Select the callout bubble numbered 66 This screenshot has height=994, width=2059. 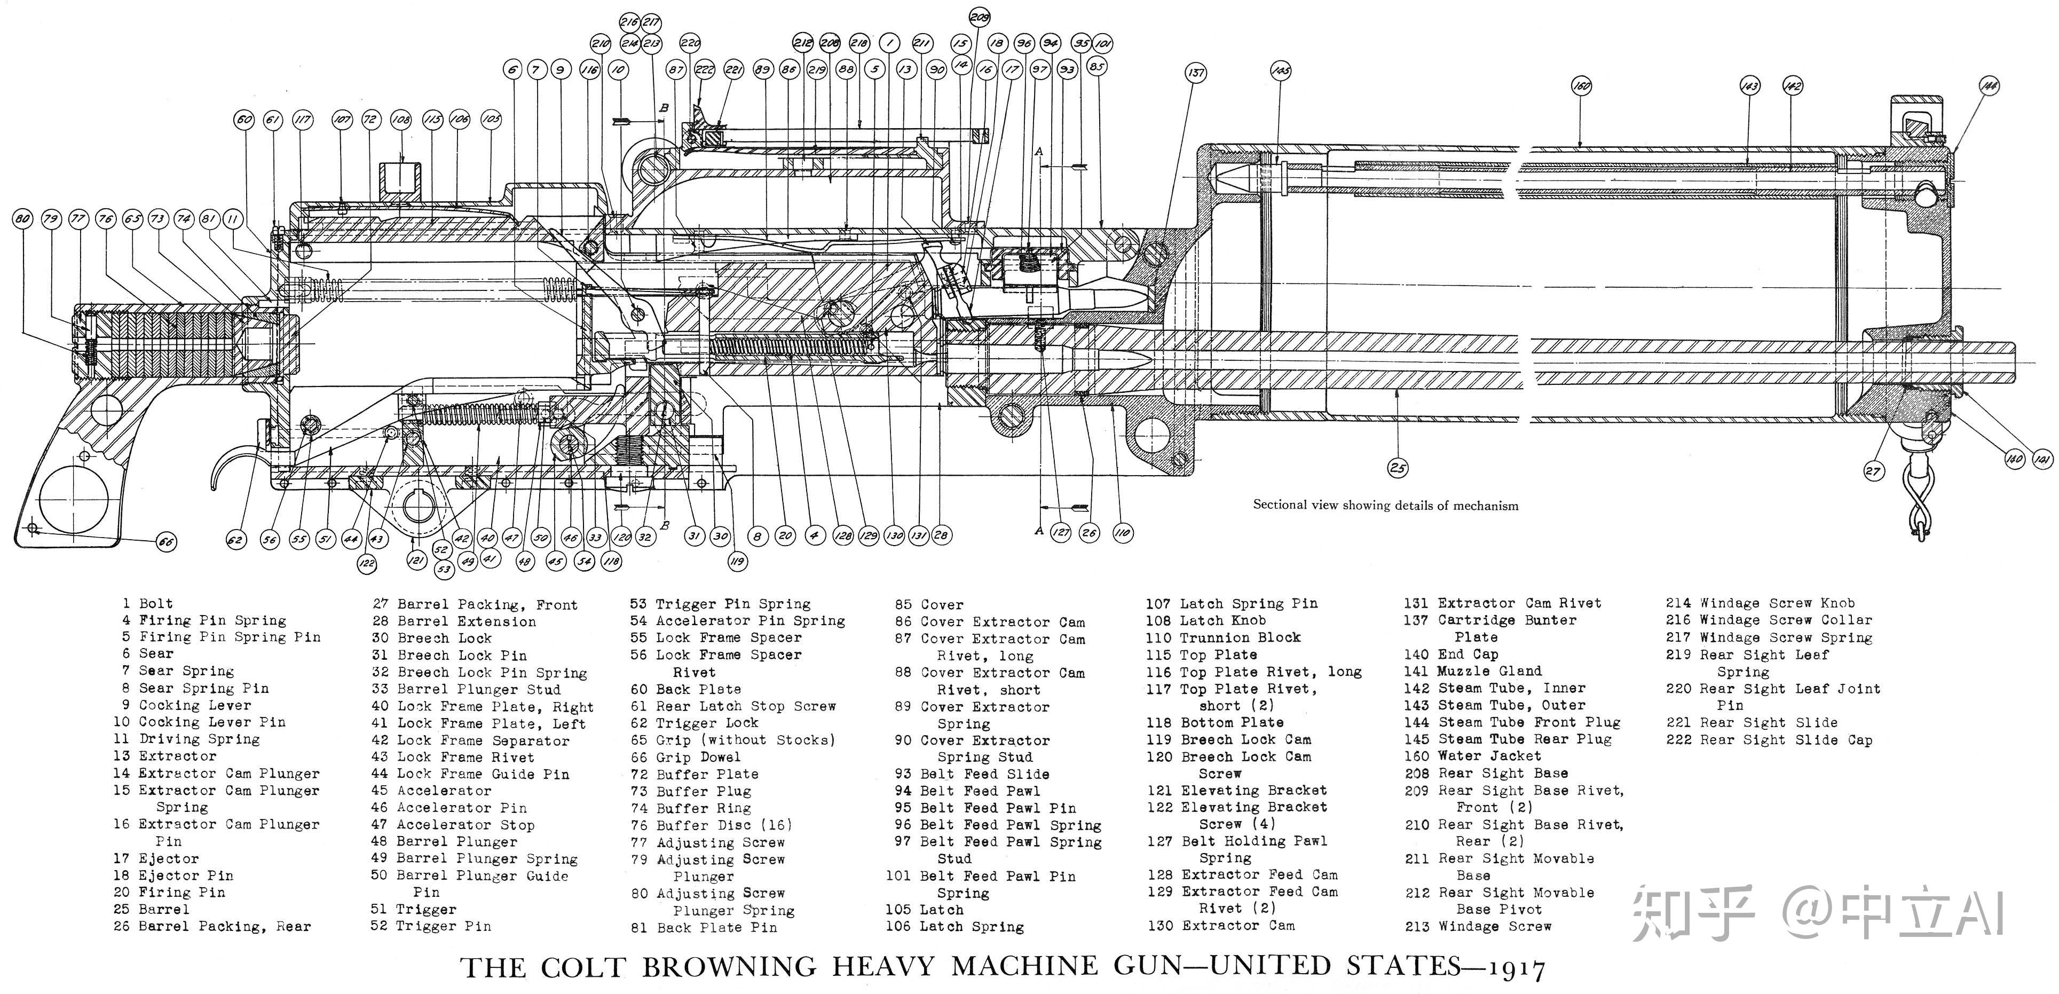[x=165, y=542]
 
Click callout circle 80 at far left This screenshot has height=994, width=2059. [x=22, y=218]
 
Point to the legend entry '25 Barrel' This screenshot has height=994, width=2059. [x=152, y=909]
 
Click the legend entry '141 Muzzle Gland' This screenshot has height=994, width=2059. [x=1473, y=671]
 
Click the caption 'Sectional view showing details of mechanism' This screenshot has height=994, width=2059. [x=1385, y=505]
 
